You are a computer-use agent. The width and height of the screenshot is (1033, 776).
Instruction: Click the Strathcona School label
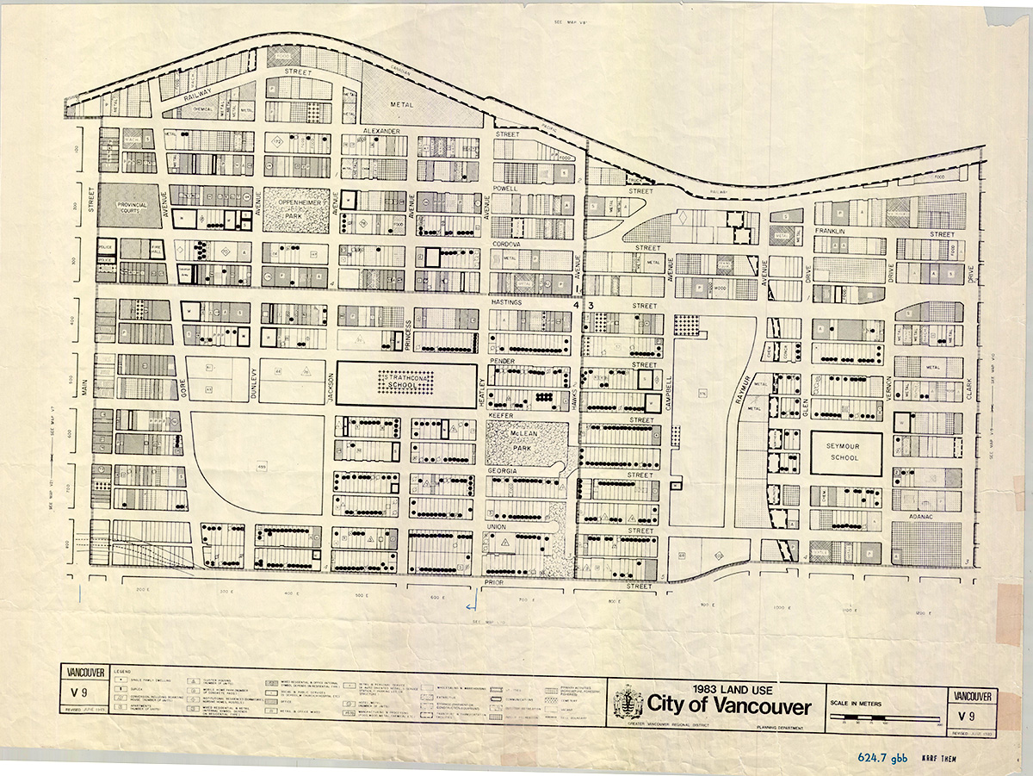click(404, 382)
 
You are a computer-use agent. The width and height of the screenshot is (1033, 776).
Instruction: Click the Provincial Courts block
click(128, 204)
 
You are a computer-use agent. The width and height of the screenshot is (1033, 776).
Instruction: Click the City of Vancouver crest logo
click(629, 704)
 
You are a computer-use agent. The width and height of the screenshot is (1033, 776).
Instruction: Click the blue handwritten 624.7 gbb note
click(882, 758)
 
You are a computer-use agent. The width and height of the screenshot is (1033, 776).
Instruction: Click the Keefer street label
click(501, 415)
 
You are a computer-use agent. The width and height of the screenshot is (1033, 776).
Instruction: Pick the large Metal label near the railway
click(402, 104)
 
